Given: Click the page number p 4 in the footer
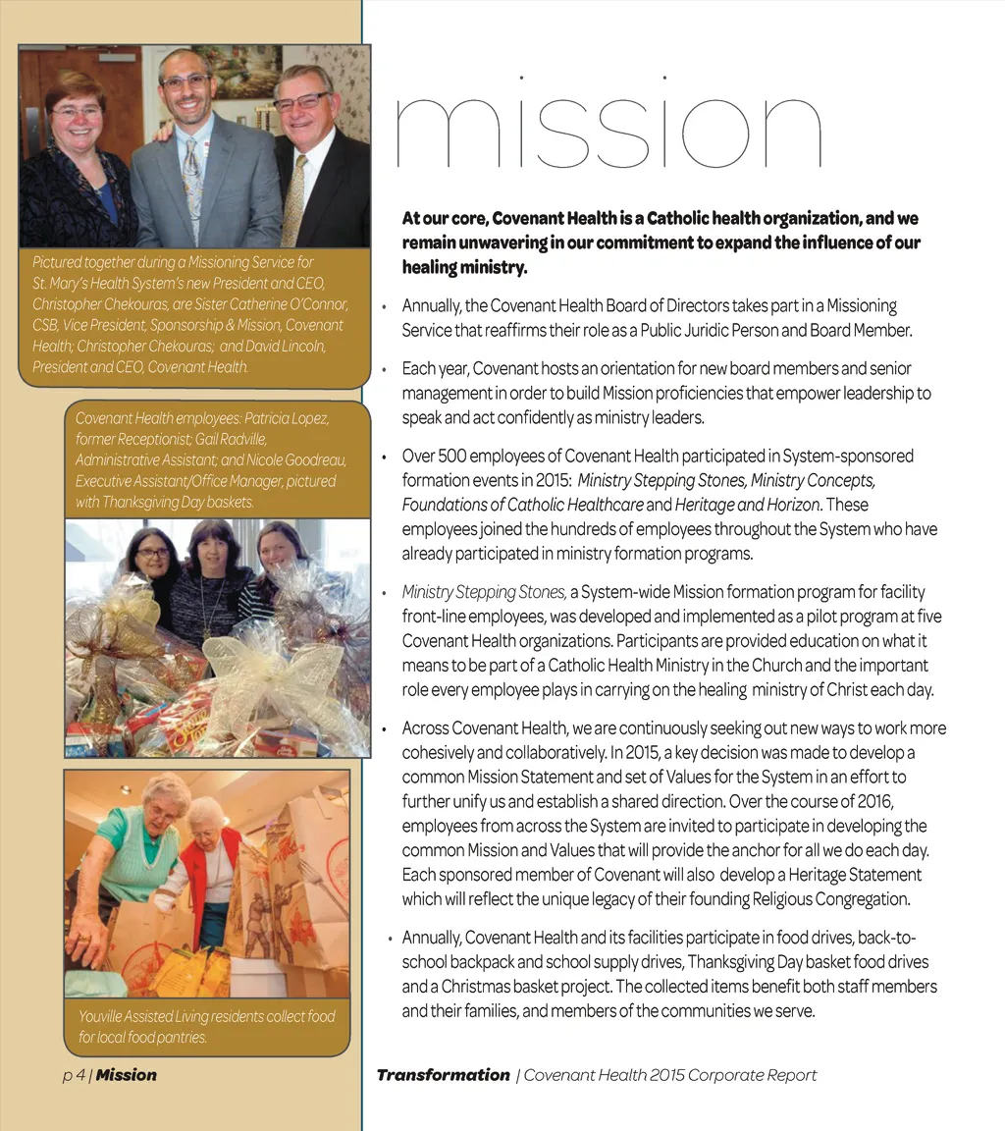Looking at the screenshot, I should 73,1075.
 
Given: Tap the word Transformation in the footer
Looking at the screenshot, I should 444,1075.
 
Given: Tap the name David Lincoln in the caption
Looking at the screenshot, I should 285,346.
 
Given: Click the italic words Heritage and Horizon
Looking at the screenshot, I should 747,505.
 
